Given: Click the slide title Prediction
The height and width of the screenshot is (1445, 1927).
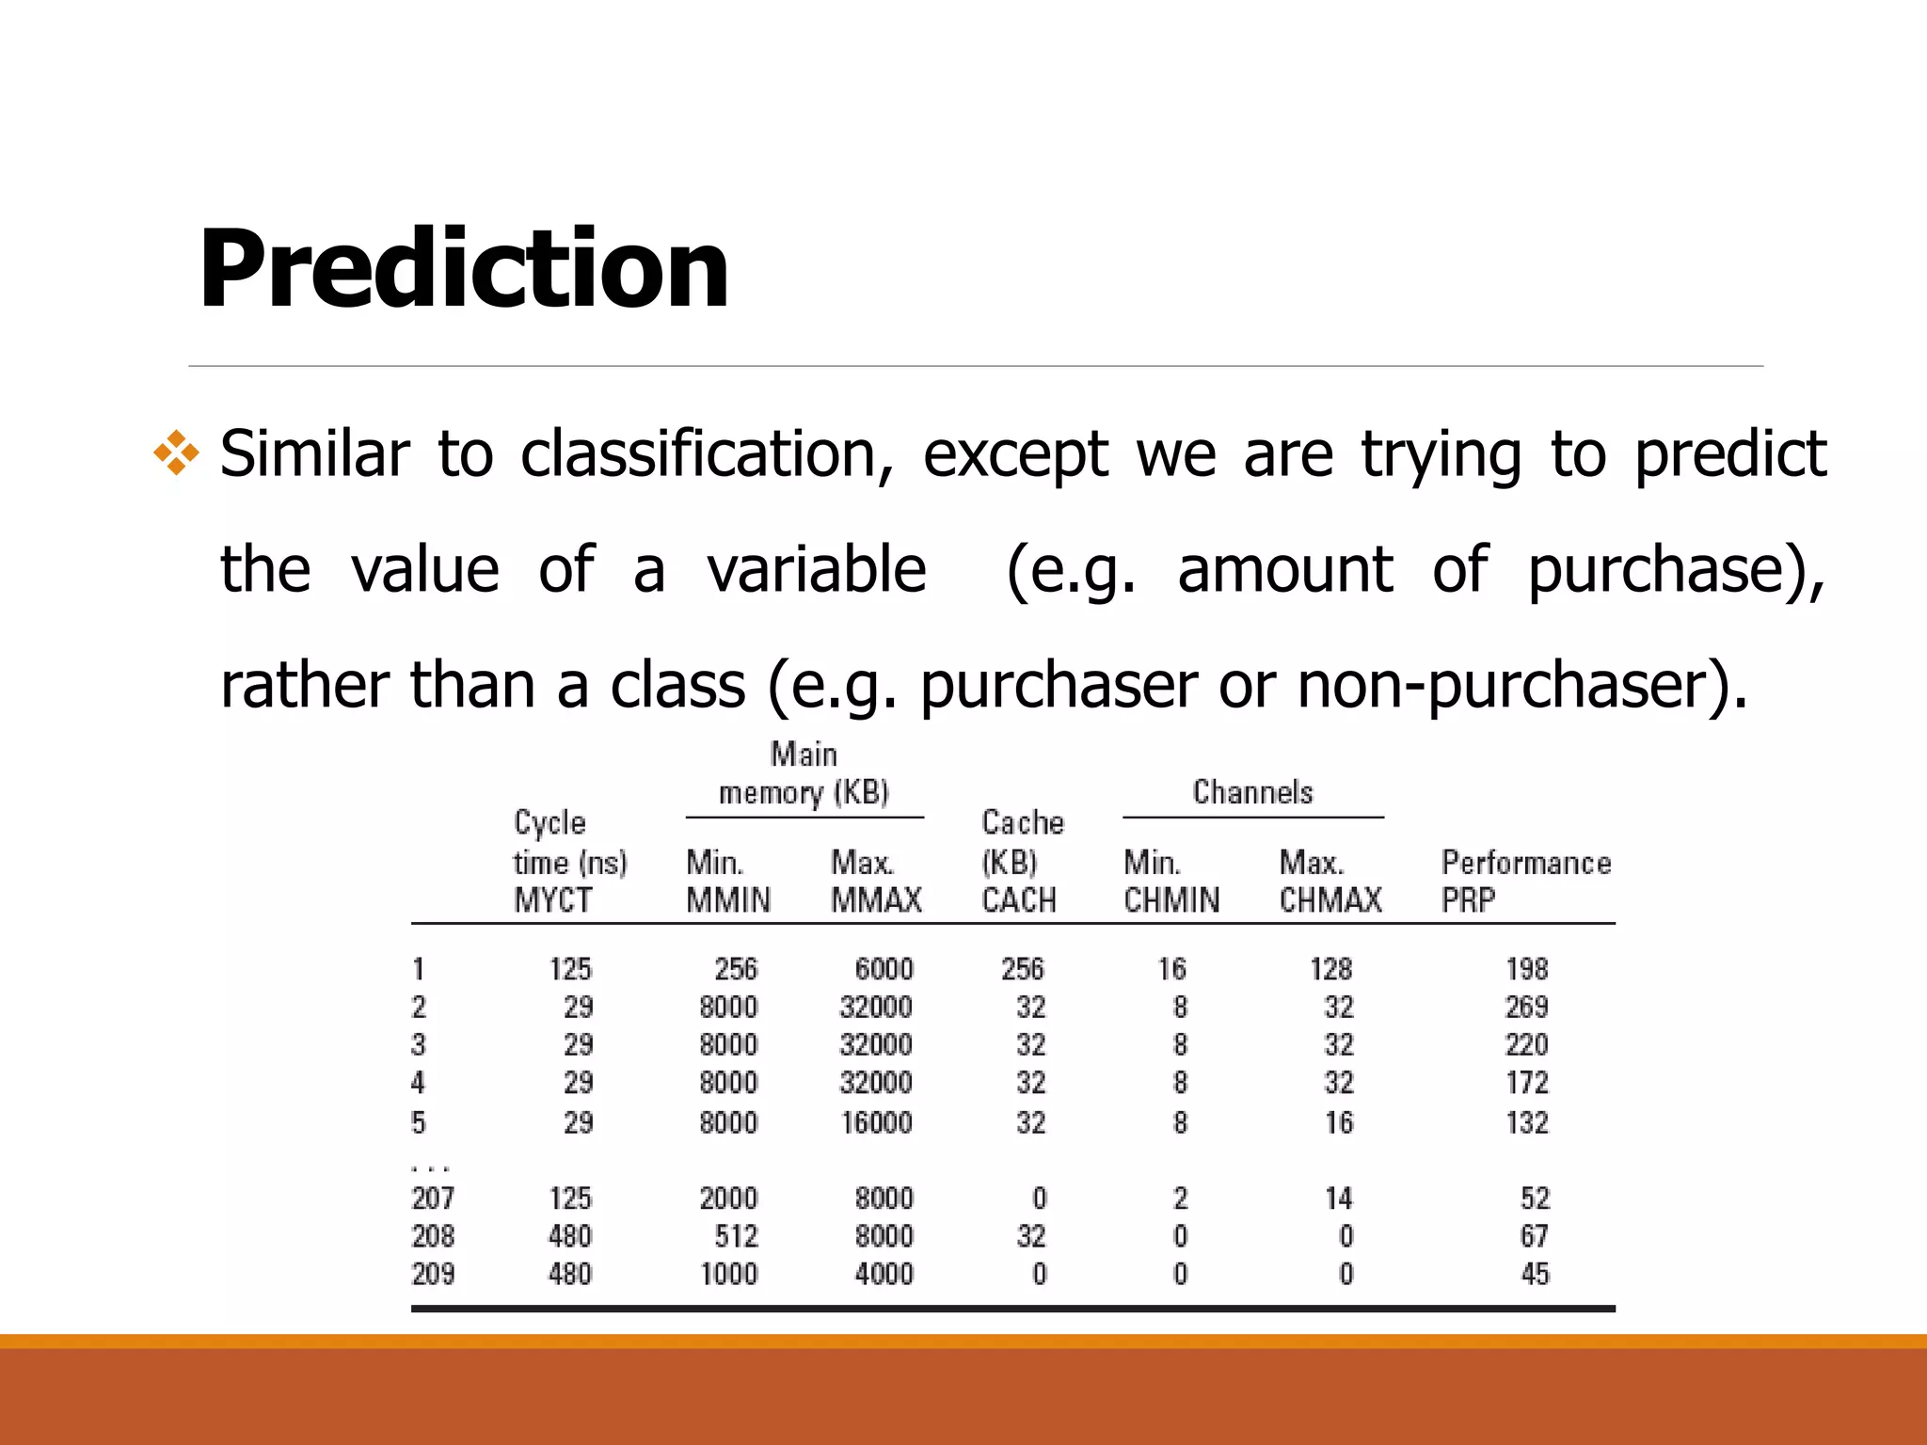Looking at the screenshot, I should tap(463, 269).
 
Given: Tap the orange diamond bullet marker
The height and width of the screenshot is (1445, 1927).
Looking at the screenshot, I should tap(177, 454).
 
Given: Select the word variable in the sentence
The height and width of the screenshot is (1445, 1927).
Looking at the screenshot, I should tap(817, 570).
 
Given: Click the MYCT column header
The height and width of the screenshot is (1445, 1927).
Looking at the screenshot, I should tap(553, 900).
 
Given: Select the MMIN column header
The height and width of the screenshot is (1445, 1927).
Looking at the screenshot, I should tap(728, 900).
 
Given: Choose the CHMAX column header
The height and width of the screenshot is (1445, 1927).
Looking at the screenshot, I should tap(1330, 900).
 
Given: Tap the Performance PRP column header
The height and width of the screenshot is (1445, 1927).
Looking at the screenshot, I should tap(1525, 881).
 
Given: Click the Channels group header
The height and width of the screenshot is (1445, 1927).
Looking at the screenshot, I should tap(1252, 792).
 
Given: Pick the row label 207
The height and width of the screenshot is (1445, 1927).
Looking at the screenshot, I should tap(433, 1199).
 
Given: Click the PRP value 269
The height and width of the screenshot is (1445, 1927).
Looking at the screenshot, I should tap(1526, 1008).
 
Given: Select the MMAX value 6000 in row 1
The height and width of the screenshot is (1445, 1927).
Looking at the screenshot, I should tap(884, 969).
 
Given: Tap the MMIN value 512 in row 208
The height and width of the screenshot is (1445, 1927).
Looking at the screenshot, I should tap(736, 1236).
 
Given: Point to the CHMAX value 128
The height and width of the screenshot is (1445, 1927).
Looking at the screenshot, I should tap(1330, 969).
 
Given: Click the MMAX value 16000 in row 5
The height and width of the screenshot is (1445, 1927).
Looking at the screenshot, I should tap(876, 1122).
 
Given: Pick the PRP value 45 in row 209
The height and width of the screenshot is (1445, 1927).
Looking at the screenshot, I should tap(1535, 1274).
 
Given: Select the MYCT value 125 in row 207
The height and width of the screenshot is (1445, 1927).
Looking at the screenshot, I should tap(570, 1199).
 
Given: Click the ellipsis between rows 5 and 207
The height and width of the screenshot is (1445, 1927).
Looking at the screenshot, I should tap(431, 1167).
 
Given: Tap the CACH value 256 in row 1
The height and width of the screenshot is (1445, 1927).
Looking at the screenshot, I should tap(1022, 969).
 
